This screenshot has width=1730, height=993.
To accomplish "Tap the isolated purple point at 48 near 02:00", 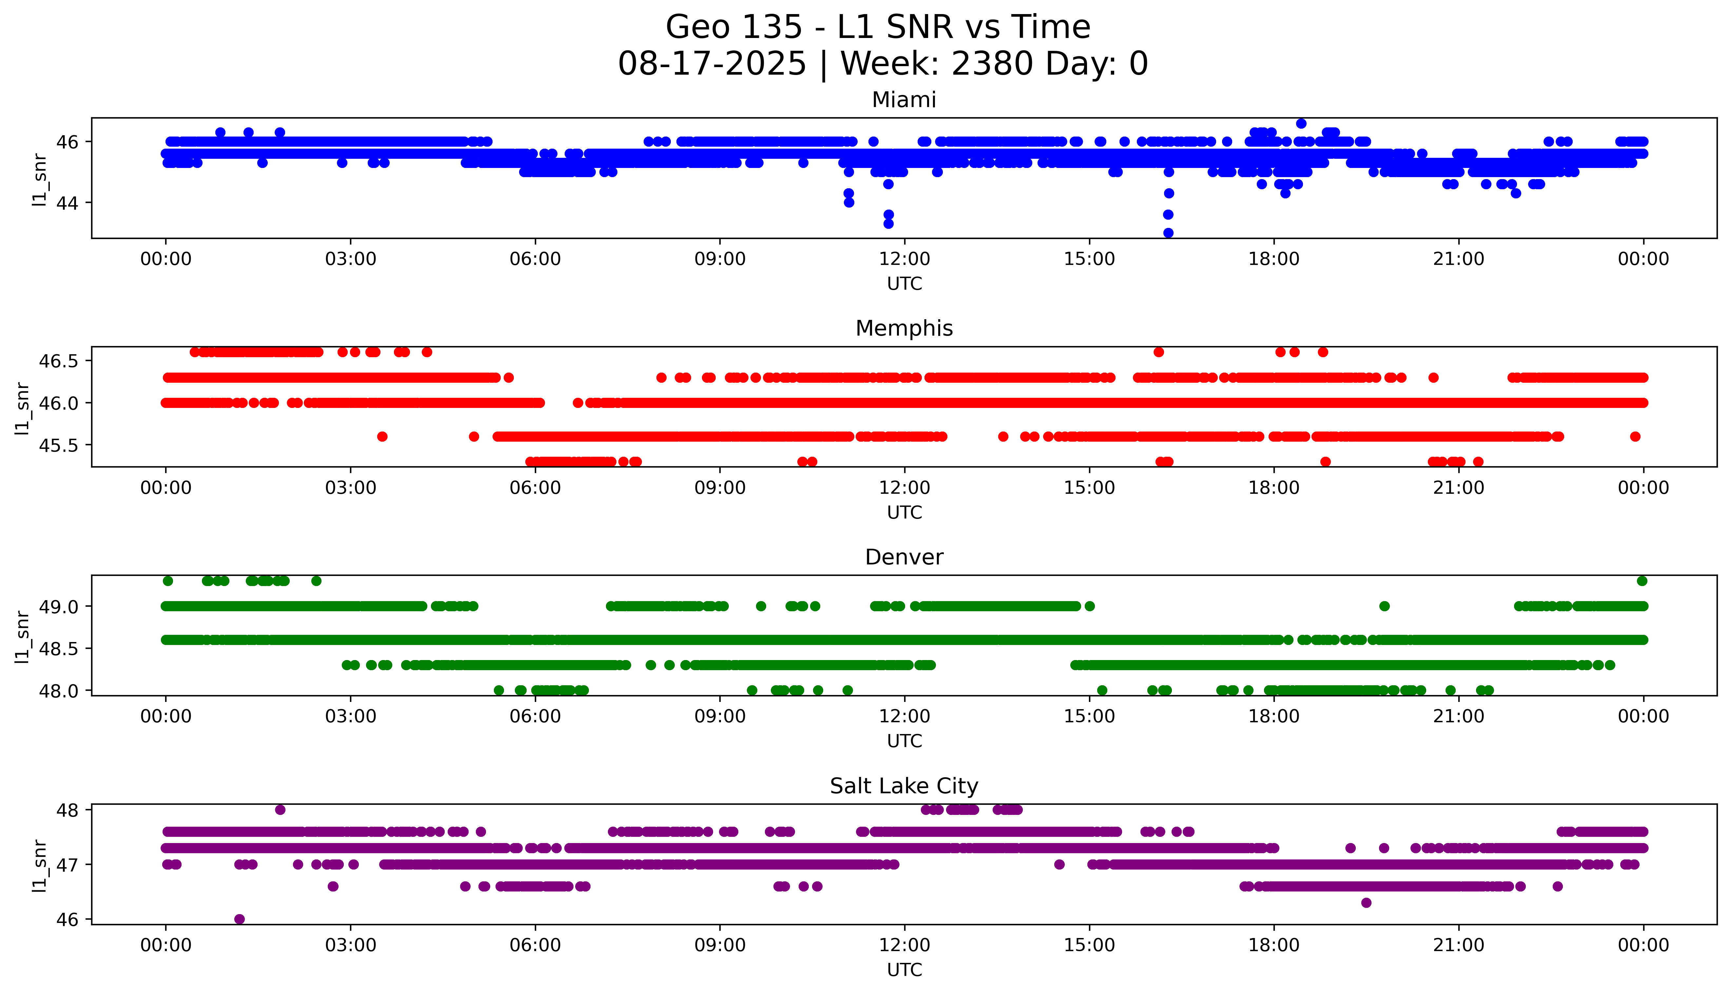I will point(280,810).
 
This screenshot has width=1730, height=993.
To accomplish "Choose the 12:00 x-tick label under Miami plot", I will point(904,259).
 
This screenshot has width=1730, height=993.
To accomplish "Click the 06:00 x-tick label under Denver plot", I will point(535,716).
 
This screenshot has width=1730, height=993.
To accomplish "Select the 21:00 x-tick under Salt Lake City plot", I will point(1458,945).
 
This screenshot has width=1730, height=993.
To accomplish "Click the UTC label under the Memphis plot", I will point(904,512).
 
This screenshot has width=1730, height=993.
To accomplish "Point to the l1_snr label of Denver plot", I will point(23,635).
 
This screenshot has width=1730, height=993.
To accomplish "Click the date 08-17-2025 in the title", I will point(712,64).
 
